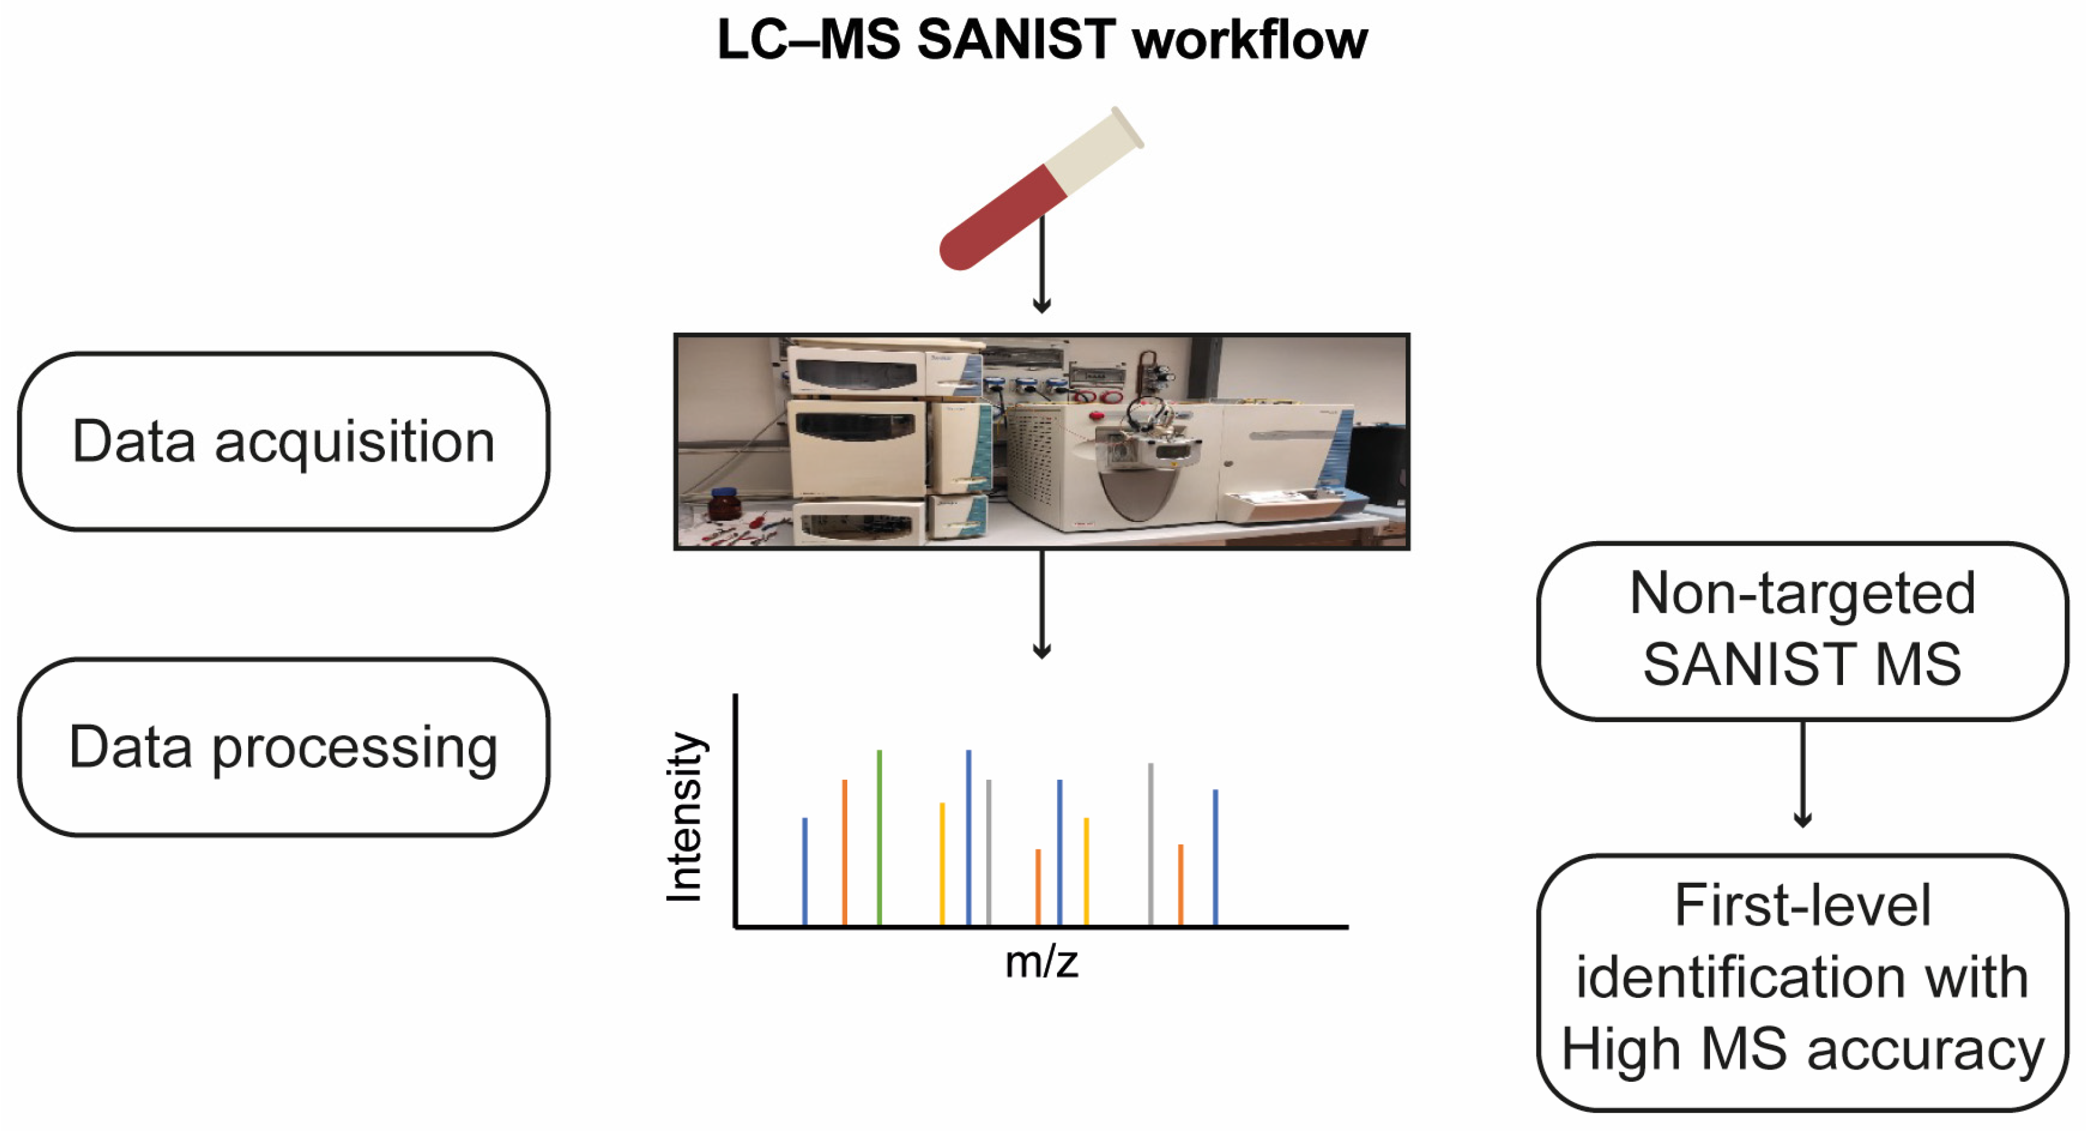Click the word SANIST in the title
click(x=1016, y=40)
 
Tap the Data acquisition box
click(x=283, y=442)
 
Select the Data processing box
click(x=283, y=747)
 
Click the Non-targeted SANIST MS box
click(x=1803, y=630)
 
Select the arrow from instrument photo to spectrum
click(x=1042, y=604)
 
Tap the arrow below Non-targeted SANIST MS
click(x=1803, y=773)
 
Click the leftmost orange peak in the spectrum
click(x=845, y=851)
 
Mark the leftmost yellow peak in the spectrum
click(x=942, y=863)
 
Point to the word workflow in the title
click(x=1250, y=40)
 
